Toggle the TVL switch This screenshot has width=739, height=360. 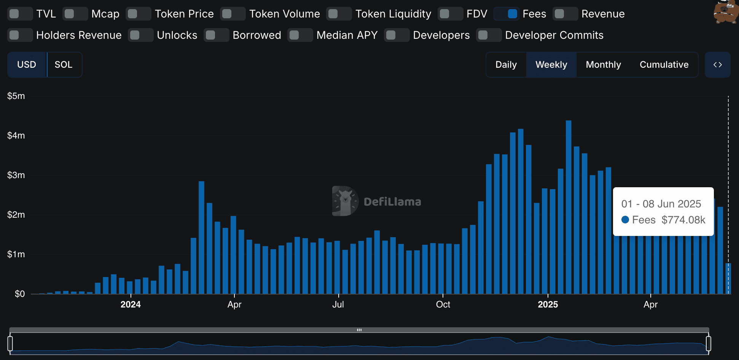pyautogui.click(x=20, y=14)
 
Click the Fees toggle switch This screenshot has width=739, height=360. pyautogui.click(x=506, y=14)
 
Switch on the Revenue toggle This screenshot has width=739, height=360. pyautogui.click(x=565, y=14)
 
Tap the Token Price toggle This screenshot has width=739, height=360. pyautogui.click(x=138, y=14)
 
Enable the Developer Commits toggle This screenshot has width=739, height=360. pyautogui.click(x=489, y=35)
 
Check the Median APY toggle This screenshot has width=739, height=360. pyautogui.click(x=300, y=35)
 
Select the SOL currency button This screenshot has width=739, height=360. pyautogui.click(x=64, y=65)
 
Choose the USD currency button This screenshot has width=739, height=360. pyautogui.click(x=27, y=65)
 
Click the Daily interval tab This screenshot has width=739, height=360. pyautogui.click(x=506, y=65)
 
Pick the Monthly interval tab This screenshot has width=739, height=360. pyautogui.click(x=603, y=65)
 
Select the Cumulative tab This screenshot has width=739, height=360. pyautogui.click(x=664, y=65)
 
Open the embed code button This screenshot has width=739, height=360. pyautogui.click(x=717, y=65)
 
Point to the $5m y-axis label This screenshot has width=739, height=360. pyautogui.click(x=16, y=96)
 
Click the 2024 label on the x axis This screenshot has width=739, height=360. pyautogui.click(x=131, y=304)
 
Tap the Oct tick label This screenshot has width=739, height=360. pyautogui.click(x=443, y=304)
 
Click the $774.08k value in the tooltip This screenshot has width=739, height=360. pyautogui.click(x=683, y=220)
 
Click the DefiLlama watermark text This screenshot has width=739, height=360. pyautogui.click(x=392, y=202)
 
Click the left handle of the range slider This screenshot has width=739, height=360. pyautogui.click(x=10, y=343)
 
